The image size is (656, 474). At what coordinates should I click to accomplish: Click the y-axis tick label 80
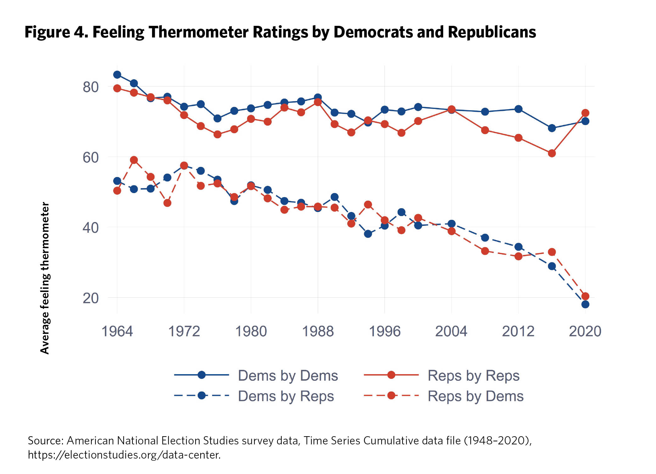91,87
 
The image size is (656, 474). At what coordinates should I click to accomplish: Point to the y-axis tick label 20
91,298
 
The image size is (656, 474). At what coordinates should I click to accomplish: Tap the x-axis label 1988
318,331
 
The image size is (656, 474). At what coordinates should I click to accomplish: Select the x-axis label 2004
451,331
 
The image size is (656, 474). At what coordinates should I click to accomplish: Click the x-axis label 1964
117,331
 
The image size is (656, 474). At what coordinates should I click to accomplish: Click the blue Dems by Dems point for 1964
117,75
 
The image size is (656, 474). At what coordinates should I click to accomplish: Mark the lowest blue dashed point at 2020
585,304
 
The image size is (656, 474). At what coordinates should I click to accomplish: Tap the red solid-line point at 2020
585,113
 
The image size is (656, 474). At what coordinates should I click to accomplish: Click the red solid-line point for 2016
552,153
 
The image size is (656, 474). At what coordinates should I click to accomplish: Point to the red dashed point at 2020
585,296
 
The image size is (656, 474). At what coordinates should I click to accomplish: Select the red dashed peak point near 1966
134,160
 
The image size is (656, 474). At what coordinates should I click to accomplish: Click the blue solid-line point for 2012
518,109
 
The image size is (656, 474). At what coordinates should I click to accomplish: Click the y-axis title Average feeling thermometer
45,278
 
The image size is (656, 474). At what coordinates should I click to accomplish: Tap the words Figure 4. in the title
56,32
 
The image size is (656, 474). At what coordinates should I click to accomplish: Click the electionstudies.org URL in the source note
124,455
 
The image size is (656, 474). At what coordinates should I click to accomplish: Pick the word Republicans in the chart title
492,32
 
